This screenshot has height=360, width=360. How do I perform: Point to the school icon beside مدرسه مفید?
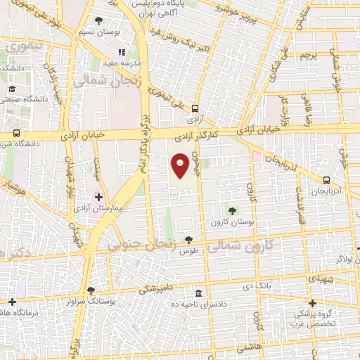pos(122,51)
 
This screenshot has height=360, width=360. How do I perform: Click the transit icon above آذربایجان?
pos(327,180)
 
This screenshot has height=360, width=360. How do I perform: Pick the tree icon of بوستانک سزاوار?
pos(91,290)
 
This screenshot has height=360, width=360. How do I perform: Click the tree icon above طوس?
pos(187,240)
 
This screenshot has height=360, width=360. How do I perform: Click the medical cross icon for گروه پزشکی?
pos(312,303)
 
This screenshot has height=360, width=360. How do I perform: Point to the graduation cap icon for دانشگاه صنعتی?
pos(12,89)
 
